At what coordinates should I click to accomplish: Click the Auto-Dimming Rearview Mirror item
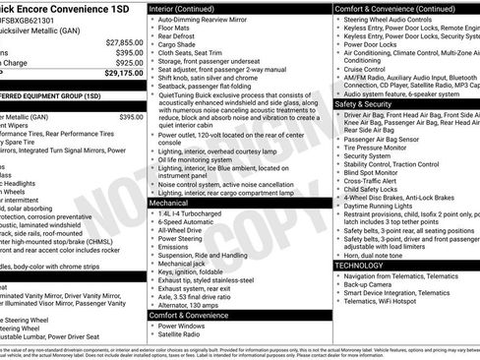click(x=208, y=19)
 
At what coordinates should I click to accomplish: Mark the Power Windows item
click(x=187, y=326)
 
